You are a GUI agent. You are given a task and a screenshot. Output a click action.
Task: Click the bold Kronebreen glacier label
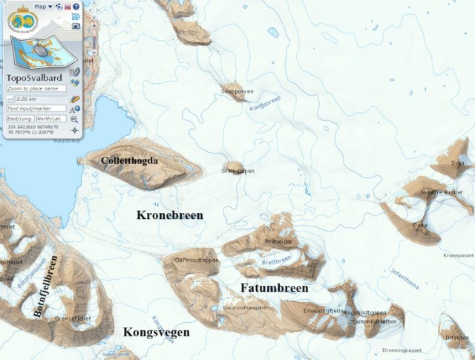(x=170, y=215)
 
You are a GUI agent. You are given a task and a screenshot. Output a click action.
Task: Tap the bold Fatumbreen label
(x=274, y=287)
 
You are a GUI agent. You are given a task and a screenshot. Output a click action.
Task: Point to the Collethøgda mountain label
(x=130, y=160)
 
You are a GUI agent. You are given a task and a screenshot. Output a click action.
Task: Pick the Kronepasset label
(x=458, y=255)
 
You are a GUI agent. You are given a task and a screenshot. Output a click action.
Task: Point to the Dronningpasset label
(x=401, y=350)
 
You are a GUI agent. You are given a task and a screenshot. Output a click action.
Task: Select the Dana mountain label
(x=420, y=225)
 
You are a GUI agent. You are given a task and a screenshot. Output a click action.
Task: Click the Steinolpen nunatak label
(x=238, y=171)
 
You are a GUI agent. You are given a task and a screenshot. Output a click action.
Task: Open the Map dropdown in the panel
(x=43, y=6)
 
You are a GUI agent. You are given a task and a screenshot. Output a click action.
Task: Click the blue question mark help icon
(x=76, y=6)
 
